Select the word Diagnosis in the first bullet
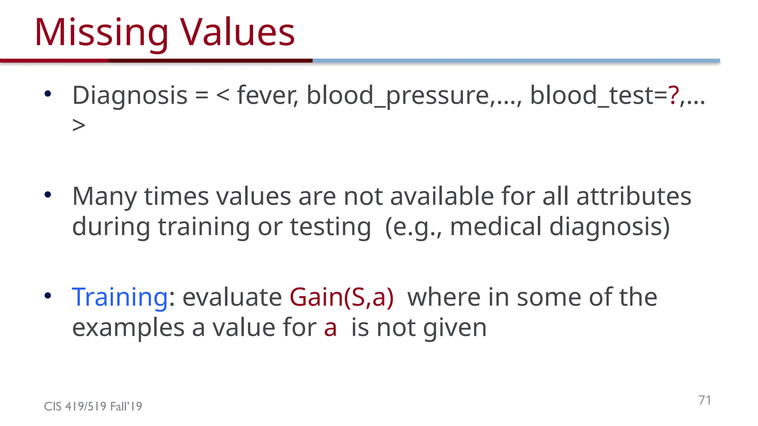tap(130, 96)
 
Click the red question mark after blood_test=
tap(673, 95)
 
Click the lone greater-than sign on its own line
tap(79, 125)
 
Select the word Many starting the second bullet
tap(104, 196)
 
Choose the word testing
tap(330, 226)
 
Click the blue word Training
tap(120, 297)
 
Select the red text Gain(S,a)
tap(341, 297)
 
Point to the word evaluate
tap(232, 297)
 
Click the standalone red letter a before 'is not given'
tap(330, 328)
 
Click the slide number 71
tap(704, 400)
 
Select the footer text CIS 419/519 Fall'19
tap(93, 406)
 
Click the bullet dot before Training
tap(47, 295)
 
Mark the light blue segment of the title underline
tap(516, 61)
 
